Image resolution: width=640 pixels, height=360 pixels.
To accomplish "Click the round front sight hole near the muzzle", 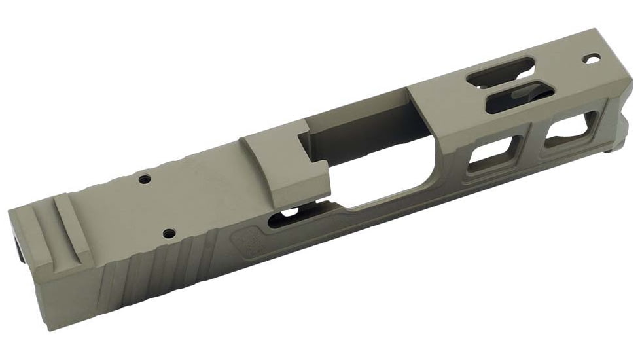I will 595,60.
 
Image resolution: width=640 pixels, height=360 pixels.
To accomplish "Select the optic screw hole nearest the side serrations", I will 169,232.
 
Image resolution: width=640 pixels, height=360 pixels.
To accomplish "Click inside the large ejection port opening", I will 366,164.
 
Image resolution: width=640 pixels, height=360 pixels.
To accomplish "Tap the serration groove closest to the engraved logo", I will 213,252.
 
